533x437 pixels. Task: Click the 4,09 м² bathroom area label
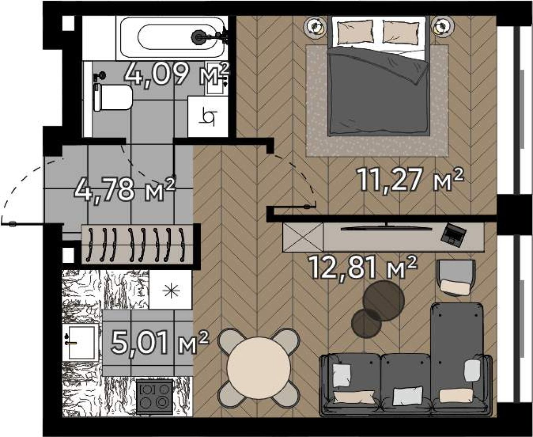click(177, 74)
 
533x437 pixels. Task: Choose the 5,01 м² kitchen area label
click(160, 343)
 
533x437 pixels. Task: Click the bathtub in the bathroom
click(172, 38)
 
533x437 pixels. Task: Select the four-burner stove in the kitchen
click(154, 398)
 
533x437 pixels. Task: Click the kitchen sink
click(80, 342)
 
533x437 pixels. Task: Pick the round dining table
click(259, 366)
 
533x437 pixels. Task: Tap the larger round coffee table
click(384, 301)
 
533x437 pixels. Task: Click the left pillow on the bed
click(355, 32)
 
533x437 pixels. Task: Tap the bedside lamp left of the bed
click(315, 27)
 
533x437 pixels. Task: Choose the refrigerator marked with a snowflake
click(171, 290)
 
